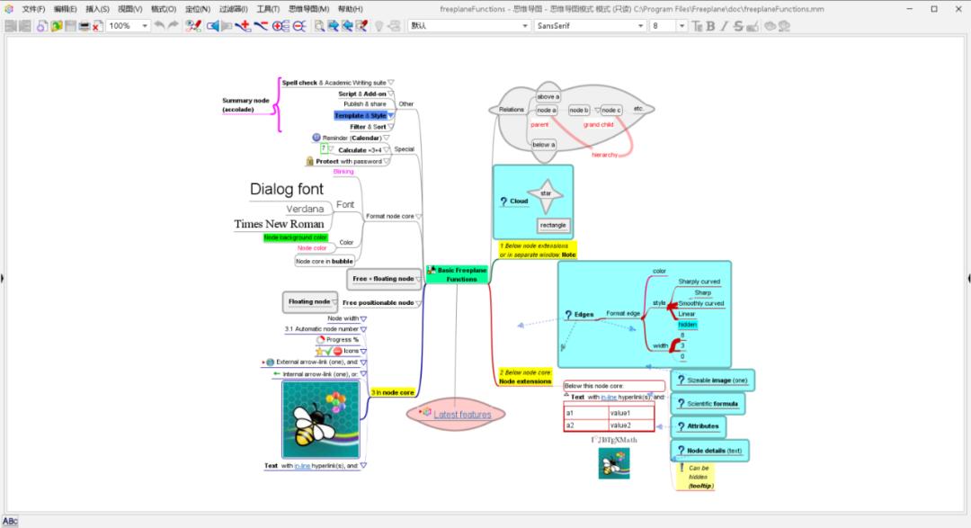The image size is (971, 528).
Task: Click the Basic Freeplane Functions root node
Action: pyautogui.click(x=459, y=274)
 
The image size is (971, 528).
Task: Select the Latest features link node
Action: pyautogui.click(x=462, y=415)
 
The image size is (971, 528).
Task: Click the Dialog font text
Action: pyautogui.click(x=287, y=190)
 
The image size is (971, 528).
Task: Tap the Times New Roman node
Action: pyautogui.click(x=279, y=224)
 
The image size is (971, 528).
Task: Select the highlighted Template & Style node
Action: pyautogui.click(x=360, y=115)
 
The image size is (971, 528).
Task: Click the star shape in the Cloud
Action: pyautogui.click(x=545, y=192)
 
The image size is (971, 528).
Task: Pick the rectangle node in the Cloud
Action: pyautogui.click(x=553, y=225)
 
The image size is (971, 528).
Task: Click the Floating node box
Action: pyautogui.click(x=308, y=301)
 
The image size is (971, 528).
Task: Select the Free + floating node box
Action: pyautogui.click(x=383, y=279)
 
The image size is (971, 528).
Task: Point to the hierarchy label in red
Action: pyautogui.click(x=604, y=155)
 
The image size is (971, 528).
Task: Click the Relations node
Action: pyautogui.click(x=511, y=110)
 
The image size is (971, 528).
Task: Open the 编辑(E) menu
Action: pyautogui.click(x=66, y=9)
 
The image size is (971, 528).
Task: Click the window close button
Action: pyautogui.click(x=958, y=9)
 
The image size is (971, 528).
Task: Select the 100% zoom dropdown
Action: pyautogui.click(x=129, y=26)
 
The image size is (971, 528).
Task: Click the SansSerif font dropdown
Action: pyautogui.click(x=590, y=26)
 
